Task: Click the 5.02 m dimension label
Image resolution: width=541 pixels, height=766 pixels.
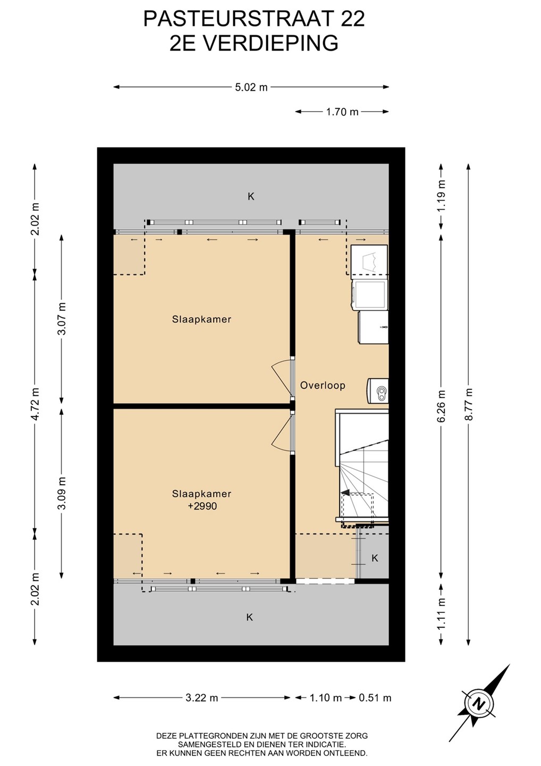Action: point(251,87)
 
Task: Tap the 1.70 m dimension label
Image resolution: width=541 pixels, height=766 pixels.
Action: point(342,112)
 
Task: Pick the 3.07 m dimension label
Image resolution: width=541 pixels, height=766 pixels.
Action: point(62,319)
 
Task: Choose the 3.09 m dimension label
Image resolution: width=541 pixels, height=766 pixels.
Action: point(62,493)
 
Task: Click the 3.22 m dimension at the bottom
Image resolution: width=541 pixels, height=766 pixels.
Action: point(201,697)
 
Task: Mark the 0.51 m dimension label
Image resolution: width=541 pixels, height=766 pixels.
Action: point(375,697)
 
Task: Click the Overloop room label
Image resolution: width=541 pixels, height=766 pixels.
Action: point(323,385)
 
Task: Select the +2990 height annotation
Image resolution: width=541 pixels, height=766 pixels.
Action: point(202,506)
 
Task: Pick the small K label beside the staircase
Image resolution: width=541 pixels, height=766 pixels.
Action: point(375,558)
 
